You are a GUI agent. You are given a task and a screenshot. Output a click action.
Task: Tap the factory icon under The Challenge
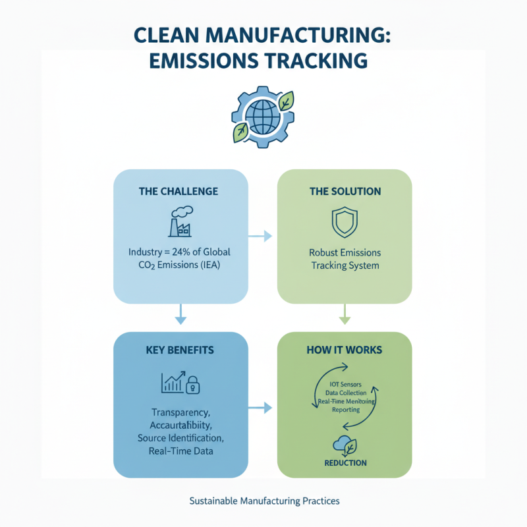pyautogui.click(x=179, y=222)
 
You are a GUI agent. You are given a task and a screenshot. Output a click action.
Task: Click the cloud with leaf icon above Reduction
pyautogui.click(x=345, y=445)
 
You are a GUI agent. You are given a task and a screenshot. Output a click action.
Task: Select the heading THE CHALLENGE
pyautogui.click(x=179, y=191)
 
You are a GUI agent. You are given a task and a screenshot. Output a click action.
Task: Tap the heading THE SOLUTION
pyautogui.click(x=345, y=191)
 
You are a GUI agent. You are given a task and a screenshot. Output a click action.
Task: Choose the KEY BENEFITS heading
pyautogui.click(x=179, y=350)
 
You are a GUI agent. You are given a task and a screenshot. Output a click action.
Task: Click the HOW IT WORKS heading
pyautogui.click(x=345, y=350)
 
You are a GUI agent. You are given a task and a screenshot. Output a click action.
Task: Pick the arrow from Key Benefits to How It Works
pyautogui.click(x=260, y=408)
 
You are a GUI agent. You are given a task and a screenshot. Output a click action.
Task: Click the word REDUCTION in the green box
pyautogui.click(x=345, y=463)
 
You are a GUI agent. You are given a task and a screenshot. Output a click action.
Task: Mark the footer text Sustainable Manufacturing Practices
pyautogui.click(x=264, y=501)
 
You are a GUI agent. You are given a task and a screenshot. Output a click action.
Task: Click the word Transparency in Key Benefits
pyautogui.click(x=179, y=412)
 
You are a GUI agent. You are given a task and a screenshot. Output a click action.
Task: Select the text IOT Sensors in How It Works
pyautogui.click(x=345, y=383)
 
